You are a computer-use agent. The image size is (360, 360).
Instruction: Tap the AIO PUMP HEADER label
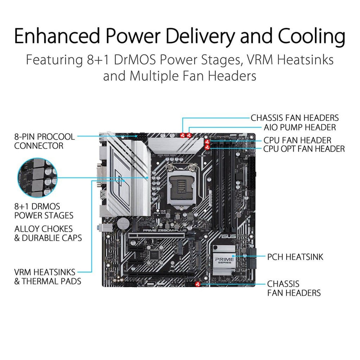tap(300, 127)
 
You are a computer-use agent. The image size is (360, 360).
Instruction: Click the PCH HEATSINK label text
tap(295, 257)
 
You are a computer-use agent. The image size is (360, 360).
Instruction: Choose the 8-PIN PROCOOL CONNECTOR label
tap(44, 141)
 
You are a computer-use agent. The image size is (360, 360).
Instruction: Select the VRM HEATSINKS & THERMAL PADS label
tap(48, 276)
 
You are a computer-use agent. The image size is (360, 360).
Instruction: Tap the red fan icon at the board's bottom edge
tap(197, 284)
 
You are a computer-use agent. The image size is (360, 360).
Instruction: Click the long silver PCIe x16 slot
tap(155, 236)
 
